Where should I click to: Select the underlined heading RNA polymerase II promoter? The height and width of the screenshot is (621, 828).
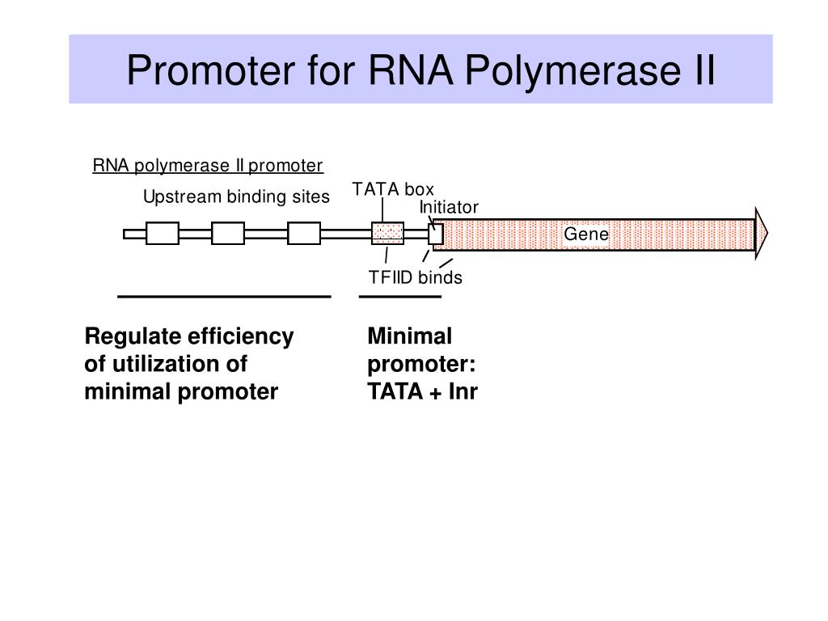(208, 166)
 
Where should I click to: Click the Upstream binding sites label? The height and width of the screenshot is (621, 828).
(236, 197)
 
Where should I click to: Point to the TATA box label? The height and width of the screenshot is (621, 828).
(393, 189)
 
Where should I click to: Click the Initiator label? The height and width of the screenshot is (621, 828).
(449, 207)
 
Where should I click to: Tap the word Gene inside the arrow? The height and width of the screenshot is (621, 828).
(586, 234)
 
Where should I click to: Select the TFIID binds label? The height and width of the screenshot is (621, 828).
(416, 277)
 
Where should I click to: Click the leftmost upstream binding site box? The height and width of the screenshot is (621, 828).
(162, 234)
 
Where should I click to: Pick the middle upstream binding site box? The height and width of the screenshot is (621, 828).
(227, 234)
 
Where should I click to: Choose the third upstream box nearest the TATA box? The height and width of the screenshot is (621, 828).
(304, 234)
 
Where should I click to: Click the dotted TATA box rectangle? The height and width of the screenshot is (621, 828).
(387, 234)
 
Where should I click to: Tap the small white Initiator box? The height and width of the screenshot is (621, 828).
(436, 234)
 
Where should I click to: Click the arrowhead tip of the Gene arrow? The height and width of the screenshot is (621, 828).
(767, 233)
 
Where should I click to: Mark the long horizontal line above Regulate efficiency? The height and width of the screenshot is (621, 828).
(224, 297)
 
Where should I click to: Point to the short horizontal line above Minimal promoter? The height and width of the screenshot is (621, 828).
(400, 297)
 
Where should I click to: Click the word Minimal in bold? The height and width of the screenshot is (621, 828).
(410, 336)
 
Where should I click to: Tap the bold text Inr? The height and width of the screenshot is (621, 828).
(463, 392)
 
